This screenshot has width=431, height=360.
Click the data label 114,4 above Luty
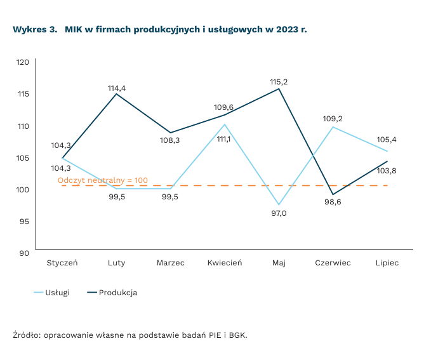(117, 88)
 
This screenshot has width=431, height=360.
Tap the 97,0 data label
(279, 213)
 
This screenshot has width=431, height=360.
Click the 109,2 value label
(333, 119)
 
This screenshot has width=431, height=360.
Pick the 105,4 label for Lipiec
(387, 140)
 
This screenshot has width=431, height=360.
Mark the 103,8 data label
(387, 171)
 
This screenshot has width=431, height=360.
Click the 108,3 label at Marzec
(170, 140)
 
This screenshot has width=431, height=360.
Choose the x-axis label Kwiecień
(225, 263)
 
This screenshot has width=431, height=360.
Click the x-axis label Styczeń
(62, 263)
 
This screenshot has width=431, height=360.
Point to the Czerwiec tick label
(333, 263)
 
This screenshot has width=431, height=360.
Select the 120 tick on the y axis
(23, 62)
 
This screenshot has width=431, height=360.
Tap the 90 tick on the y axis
(25, 253)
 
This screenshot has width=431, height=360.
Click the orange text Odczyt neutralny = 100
(103, 180)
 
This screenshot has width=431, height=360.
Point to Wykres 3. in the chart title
(34, 30)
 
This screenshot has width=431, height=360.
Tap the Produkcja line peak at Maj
(279, 89)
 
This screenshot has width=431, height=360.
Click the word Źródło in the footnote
(25, 335)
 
